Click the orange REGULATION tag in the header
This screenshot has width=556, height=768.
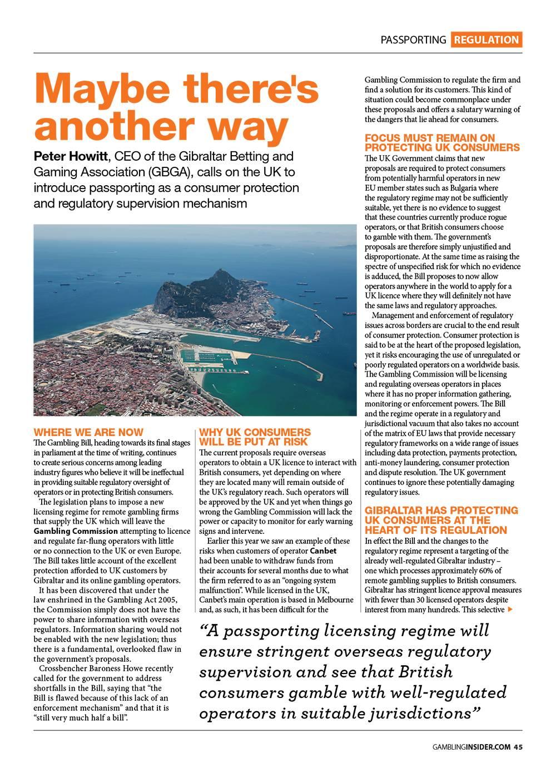click(486, 39)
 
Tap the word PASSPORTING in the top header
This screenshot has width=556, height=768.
click(413, 39)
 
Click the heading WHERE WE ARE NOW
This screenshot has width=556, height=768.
click(88, 432)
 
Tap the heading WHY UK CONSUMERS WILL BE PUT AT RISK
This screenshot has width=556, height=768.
click(255, 437)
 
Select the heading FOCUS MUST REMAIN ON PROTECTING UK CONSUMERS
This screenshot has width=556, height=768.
click(442, 142)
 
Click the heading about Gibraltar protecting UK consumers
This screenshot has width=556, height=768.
click(441, 520)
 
